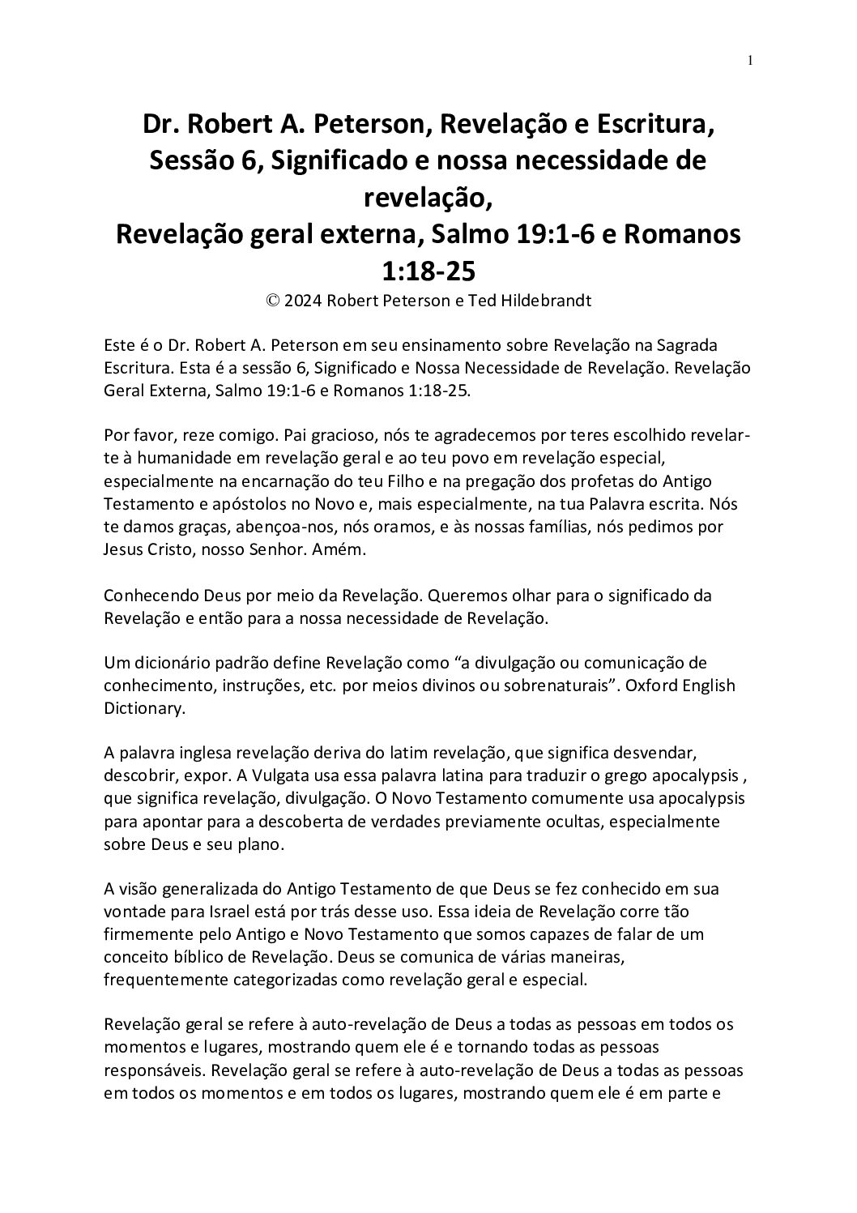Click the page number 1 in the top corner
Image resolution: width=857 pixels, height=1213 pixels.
[750, 60]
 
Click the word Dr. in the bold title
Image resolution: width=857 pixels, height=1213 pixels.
[161, 125]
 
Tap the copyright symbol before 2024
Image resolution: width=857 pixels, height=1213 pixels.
[273, 301]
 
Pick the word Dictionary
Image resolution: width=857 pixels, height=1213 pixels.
[143, 708]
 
